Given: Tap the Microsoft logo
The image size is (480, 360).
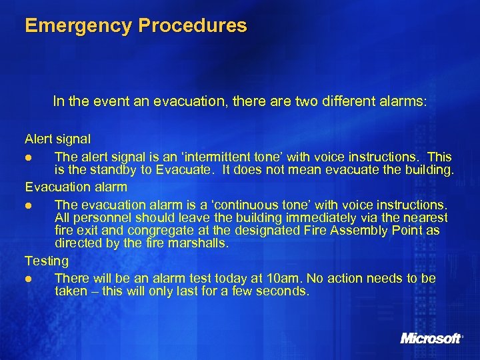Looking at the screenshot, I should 431,338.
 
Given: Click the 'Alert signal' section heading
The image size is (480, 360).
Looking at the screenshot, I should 58,139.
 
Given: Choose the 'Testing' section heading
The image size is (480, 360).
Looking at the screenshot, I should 47,260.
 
